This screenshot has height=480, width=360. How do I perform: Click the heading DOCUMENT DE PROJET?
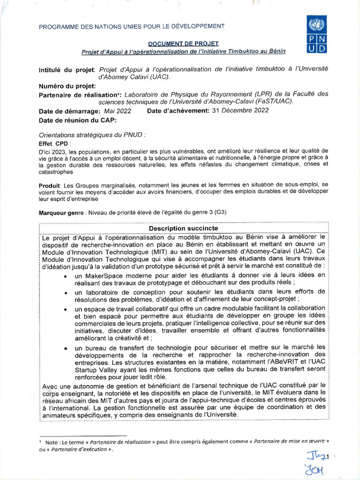[180, 43]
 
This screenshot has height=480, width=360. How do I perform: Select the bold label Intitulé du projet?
[67, 70]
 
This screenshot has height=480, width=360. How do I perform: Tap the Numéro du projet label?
[67, 86]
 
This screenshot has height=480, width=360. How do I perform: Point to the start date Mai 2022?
[117, 111]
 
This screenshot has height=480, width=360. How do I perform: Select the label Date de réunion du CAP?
[77, 120]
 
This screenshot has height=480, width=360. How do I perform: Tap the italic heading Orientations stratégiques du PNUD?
[92, 134]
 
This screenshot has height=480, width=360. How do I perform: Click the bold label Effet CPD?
[55, 143]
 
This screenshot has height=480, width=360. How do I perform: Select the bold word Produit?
[50, 186]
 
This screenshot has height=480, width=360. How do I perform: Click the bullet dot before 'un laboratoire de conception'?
[65, 292]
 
